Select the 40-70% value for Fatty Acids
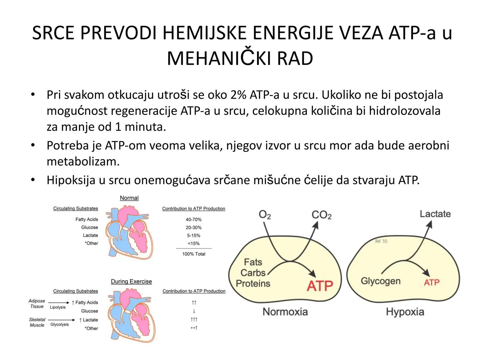194,219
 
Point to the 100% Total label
194,254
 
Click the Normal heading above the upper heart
129,198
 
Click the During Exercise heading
131,282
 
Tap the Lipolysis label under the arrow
58,307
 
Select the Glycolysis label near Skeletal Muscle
59,325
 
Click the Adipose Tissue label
37,304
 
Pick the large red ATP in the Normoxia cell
320,286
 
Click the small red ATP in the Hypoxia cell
432,283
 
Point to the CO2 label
321,215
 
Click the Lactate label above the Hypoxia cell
435,214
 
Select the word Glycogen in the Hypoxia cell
380,281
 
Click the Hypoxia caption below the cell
405,312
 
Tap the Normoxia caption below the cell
285,312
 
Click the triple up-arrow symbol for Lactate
194,320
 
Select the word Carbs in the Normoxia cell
253,273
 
